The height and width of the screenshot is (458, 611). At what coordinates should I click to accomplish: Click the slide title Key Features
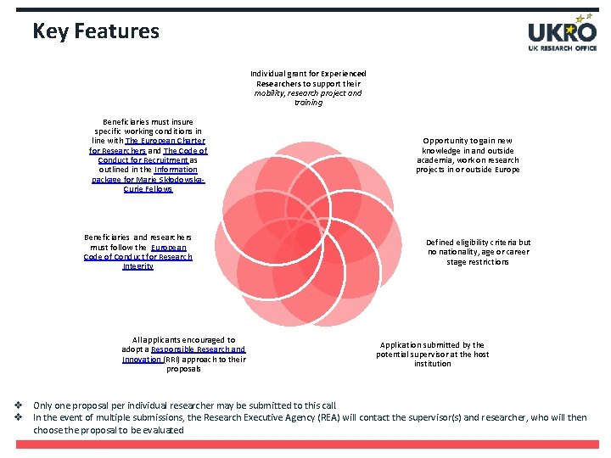click(96, 31)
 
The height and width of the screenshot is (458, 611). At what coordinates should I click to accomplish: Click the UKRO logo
click(562, 33)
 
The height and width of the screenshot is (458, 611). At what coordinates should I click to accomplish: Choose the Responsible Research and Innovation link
click(198, 349)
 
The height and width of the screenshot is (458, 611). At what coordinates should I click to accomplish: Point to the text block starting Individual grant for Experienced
click(308, 88)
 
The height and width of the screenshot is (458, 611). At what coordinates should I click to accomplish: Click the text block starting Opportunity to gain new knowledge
click(468, 155)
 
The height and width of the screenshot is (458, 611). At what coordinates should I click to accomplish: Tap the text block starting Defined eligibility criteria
click(478, 252)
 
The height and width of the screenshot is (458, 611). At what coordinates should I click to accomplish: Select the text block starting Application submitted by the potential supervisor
click(433, 355)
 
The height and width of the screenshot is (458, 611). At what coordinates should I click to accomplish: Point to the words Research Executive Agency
click(272, 417)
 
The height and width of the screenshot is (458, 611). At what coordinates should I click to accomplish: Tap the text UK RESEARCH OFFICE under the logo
click(562, 47)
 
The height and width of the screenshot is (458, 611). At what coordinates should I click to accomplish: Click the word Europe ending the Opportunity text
click(507, 170)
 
